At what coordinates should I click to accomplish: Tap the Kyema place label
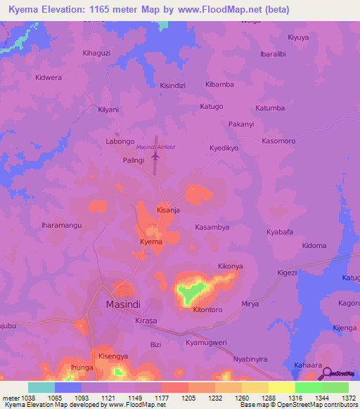(151, 242)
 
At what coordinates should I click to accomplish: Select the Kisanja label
(169, 210)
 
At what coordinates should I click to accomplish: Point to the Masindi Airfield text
(155, 147)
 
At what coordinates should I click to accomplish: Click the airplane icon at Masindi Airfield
(155, 158)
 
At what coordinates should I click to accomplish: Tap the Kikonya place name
(230, 266)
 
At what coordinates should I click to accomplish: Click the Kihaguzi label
(97, 53)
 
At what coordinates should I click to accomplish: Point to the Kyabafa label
(279, 231)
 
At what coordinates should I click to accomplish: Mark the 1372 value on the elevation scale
(348, 398)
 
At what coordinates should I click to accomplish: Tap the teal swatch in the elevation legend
(41, 387)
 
